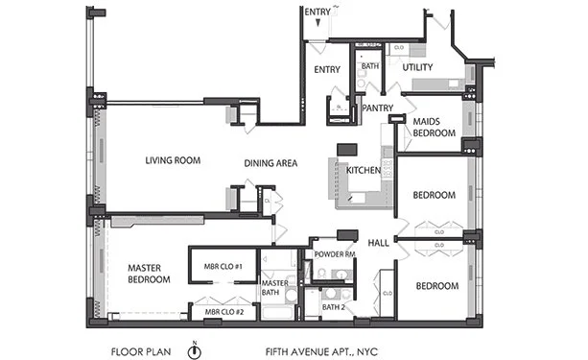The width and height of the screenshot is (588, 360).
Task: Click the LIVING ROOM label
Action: [x=173, y=160]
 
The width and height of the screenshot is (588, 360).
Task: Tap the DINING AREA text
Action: [x=270, y=163]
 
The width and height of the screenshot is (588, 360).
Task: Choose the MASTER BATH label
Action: [x=276, y=289]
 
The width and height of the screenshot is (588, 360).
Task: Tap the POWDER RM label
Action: [x=335, y=254]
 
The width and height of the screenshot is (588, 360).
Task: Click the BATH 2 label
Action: [x=334, y=307]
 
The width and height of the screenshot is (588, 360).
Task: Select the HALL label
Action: [x=378, y=243]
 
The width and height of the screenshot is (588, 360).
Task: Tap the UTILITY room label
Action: [x=417, y=67]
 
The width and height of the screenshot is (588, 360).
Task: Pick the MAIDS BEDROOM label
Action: [x=434, y=128]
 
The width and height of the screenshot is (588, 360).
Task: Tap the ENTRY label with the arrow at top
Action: [x=318, y=12]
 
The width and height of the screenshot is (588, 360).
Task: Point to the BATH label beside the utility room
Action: [x=369, y=67]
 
